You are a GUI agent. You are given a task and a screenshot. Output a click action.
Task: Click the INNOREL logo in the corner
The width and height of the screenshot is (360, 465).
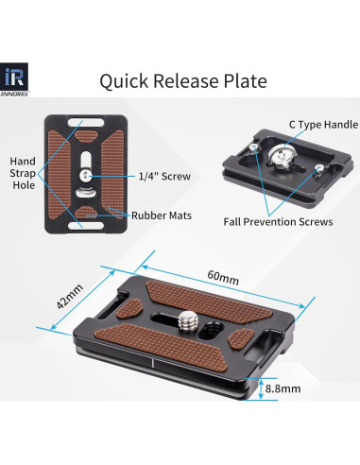click(x=14, y=79)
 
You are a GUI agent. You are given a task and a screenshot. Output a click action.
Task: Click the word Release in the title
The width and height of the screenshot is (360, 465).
click(x=186, y=80)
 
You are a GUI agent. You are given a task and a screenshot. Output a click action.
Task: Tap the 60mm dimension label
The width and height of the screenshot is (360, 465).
click(x=223, y=277)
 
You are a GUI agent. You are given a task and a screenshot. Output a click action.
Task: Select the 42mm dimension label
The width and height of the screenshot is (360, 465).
click(x=70, y=297)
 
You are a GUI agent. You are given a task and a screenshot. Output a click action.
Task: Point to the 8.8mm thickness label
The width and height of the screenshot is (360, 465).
click(x=283, y=388)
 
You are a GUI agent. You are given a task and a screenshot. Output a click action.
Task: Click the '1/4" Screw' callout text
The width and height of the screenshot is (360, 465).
click(x=164, y=176)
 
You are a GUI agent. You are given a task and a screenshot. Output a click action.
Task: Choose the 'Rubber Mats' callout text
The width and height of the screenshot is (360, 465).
click(x=162, y=215)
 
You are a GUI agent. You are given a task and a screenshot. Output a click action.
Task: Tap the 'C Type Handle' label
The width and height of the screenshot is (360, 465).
click(x=323, y=125)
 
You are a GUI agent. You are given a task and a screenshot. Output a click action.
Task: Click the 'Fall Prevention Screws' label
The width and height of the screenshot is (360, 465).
click(x=278, y=222)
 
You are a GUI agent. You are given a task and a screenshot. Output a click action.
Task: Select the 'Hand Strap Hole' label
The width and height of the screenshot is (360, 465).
click(x=23, y=173)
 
